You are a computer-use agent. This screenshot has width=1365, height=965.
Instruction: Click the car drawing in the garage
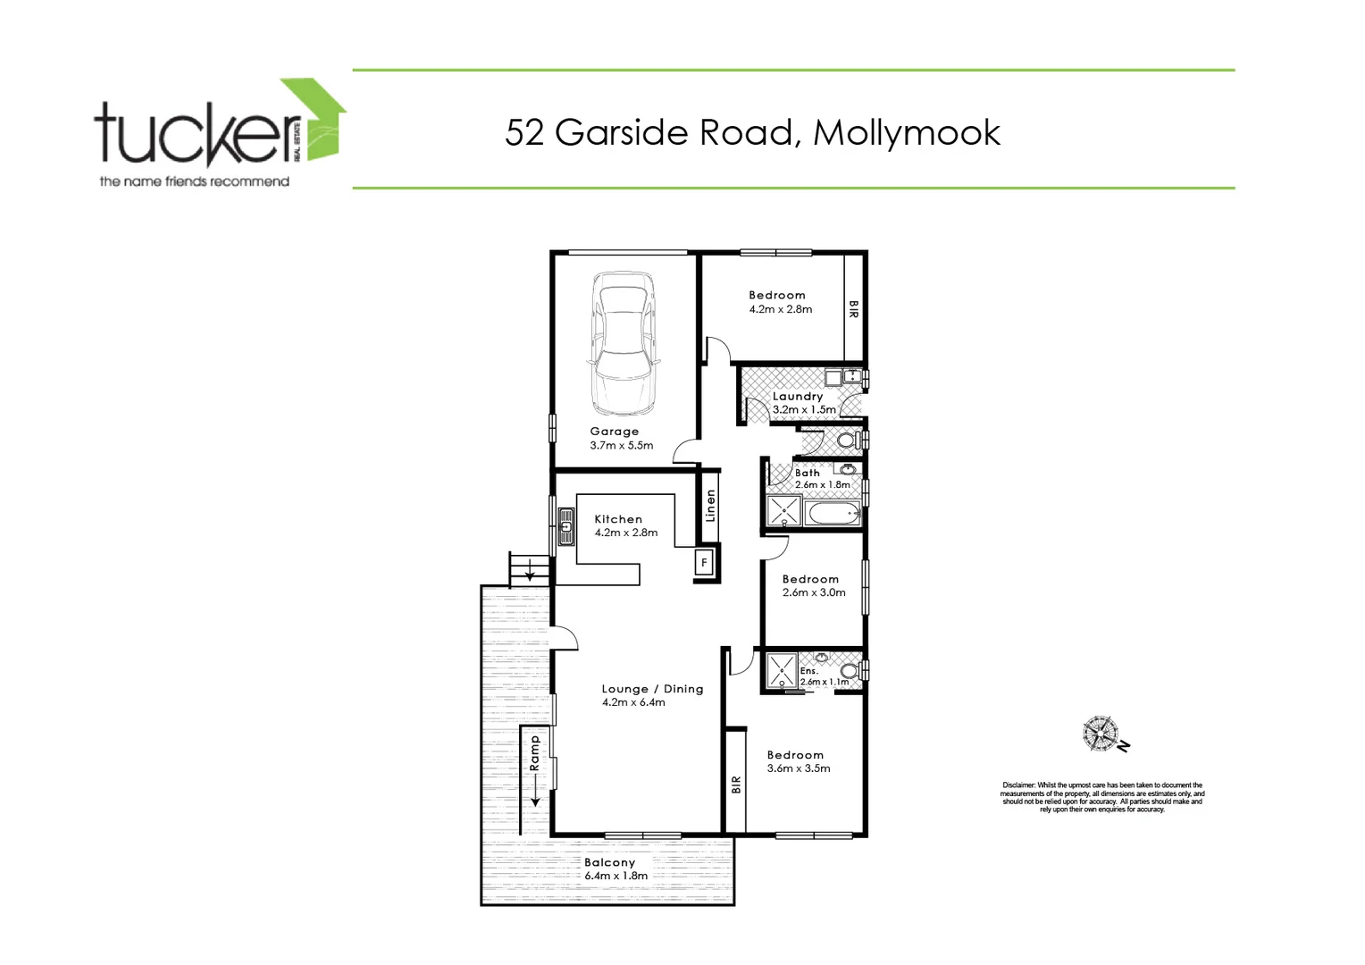(624, 343)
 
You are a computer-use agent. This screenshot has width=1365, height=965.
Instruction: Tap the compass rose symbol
(1101, 734)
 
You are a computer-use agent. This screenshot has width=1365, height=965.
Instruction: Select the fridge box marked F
(704, 563)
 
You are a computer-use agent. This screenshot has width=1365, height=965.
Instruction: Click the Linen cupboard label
(710, 506)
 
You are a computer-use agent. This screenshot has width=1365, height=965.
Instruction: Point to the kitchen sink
(565, 527)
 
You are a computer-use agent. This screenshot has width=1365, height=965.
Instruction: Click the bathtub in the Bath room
(832, 514)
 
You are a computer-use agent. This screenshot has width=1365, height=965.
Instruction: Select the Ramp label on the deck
(535, 753)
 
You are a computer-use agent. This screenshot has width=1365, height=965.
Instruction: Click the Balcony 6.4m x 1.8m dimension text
(616, 876)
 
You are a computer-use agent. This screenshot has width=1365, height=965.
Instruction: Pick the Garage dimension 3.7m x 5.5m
(622, 445)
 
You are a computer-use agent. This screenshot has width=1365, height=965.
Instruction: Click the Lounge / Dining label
(652, 689)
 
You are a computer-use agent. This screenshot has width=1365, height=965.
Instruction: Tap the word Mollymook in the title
(906, 132)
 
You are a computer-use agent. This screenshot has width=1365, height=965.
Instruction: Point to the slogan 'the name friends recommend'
(195, 181)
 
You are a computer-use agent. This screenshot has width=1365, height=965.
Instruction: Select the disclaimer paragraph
(1101, 797)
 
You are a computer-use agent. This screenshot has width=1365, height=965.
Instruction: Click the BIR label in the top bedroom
(853, 309)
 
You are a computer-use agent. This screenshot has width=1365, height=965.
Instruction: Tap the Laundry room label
(798, 396)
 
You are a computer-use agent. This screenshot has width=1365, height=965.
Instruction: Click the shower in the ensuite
(783, 670)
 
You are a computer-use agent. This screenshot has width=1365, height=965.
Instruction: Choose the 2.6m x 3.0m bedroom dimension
(814, 592)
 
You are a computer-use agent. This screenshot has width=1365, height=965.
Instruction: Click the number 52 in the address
(524, 132)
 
